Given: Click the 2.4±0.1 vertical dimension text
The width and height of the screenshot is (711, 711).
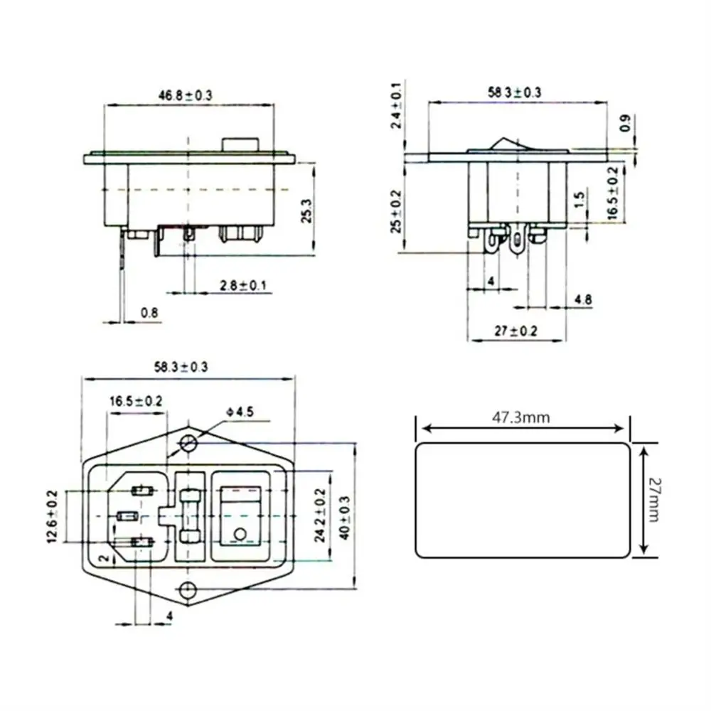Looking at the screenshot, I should tap(396, 105).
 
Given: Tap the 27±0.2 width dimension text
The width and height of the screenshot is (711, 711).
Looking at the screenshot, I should tap(516, 331).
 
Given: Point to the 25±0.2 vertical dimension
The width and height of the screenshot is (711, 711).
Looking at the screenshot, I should tap(396, 212).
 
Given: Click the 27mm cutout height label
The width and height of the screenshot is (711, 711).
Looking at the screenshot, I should tap(653, 500).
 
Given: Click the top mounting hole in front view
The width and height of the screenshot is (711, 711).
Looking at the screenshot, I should tap(188, 444).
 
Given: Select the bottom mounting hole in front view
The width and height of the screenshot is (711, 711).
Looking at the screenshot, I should tap(188, 589).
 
